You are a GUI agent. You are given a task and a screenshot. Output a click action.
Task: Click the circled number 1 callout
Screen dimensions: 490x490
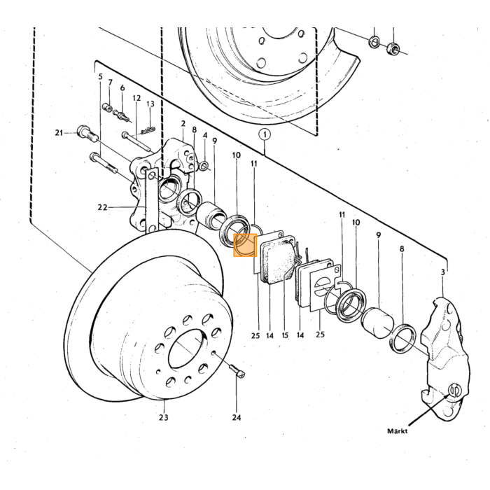tap(265, 135)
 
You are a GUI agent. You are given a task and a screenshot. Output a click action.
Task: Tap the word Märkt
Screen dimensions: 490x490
tap(397, 431)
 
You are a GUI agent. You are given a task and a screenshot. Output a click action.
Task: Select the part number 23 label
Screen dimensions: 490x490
tap(163, 417)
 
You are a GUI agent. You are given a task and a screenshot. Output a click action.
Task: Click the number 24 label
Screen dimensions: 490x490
tap(237, 417)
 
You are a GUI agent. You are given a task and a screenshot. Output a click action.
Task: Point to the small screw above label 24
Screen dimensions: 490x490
tap(237, 370)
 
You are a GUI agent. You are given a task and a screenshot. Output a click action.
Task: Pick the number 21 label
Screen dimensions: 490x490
tap(59, 133)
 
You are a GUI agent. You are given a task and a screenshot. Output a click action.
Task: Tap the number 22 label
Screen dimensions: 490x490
tap(102, 207)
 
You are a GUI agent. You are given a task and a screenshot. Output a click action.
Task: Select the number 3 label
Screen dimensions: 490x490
tap(442, 272)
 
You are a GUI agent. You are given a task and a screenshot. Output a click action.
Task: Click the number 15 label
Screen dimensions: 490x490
tap(285, 335)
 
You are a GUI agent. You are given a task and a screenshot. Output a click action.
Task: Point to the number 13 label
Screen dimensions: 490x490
tap(150, 104)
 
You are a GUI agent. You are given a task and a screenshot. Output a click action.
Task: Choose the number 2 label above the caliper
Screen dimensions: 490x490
tap(183, 124)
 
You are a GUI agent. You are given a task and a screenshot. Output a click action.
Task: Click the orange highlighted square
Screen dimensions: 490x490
tap(245, 245)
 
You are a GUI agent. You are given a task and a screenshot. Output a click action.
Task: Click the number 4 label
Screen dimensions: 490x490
tap(205, 135)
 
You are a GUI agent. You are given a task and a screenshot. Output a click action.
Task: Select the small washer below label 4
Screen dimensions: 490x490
tap(204, 165)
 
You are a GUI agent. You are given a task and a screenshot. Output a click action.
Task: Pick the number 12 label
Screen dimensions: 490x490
tap(136, 98)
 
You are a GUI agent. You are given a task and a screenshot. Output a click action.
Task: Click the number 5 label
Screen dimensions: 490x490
tap(100, 76)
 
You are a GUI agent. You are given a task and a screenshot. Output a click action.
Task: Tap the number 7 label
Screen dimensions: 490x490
tap(110, 83)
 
